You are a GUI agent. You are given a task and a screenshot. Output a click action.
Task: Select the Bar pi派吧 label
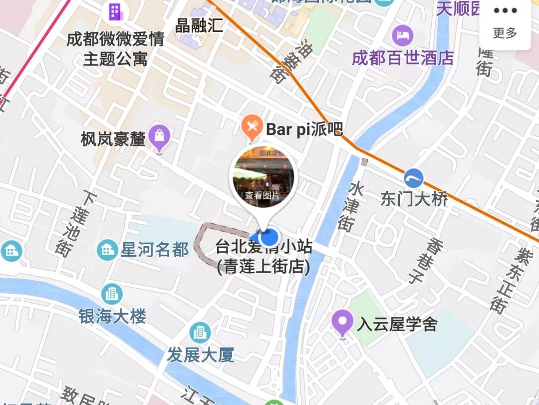click(x=304, y=130)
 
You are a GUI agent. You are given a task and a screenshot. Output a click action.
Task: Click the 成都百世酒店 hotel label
click(x=403, y=58)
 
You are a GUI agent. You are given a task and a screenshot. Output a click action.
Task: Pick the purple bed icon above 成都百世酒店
click(x=402, y=35)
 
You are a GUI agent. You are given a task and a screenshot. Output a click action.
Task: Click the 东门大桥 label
click(x=414, y=199)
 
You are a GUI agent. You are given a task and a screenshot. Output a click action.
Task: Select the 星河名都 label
click(x=155, y=249)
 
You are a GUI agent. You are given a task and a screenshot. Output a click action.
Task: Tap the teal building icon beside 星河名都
click(x=107, y=249)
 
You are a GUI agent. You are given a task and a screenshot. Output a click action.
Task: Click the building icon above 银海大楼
click(x=112, y=294)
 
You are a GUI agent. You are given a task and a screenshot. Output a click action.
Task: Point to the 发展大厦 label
click(x=200, y=355)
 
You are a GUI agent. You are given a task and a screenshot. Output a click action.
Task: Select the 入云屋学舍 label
click(x=397, y=325)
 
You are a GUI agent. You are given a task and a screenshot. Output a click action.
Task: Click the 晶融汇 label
click(x=199, y=25)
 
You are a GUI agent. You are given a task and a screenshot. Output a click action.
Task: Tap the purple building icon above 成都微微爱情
click(x=115, y=11)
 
